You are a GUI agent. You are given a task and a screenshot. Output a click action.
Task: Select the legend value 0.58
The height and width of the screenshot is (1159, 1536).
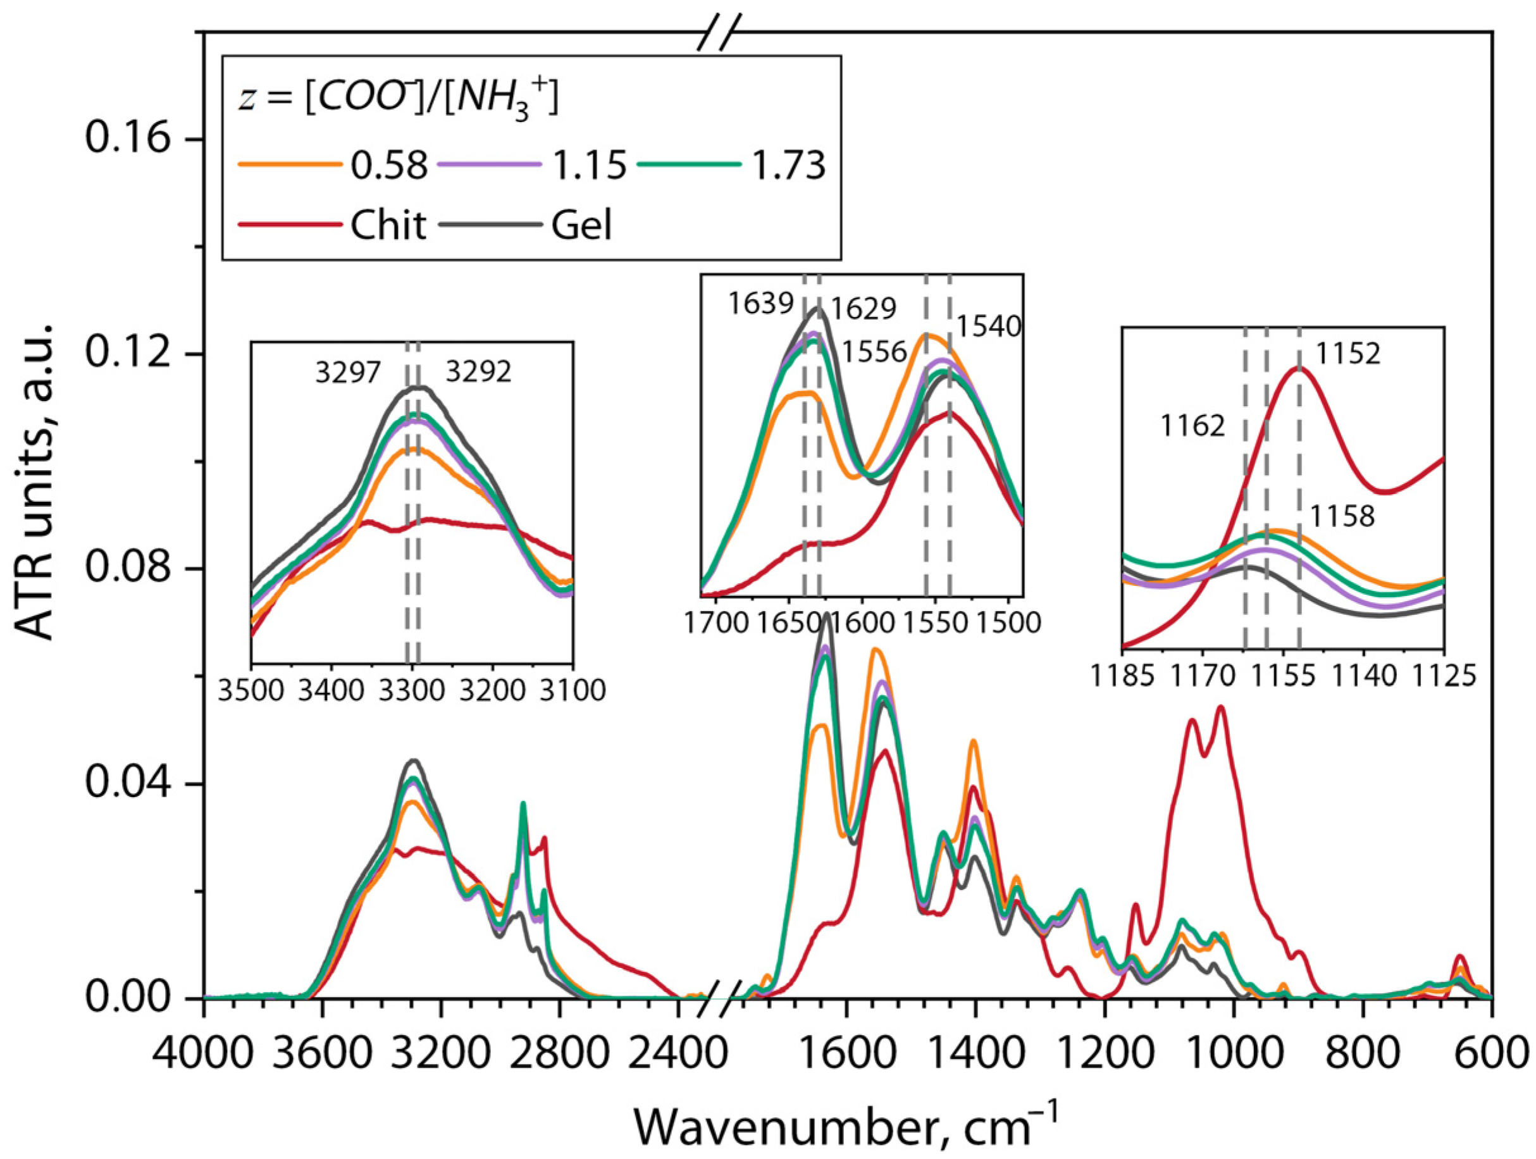click(x=388, y=165)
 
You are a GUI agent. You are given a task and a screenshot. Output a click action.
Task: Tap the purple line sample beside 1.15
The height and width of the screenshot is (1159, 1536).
click(x=489, y=164)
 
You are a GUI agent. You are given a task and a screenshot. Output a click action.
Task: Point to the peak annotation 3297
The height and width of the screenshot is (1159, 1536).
click(x=348, y=373)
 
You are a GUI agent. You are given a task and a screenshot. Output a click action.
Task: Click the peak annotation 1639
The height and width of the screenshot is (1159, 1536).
click(x=761, y=304)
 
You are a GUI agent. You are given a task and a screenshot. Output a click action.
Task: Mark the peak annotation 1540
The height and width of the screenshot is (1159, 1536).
click(x=989, y=326)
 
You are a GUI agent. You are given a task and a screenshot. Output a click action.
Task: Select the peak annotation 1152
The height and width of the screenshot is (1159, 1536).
click(x=1348, y=354)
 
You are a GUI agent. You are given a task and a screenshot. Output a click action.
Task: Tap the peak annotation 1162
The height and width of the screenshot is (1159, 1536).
click(x=1193, y=426)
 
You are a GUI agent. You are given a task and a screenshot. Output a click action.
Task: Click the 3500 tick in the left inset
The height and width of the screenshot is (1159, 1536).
click(x=251, y=691)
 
